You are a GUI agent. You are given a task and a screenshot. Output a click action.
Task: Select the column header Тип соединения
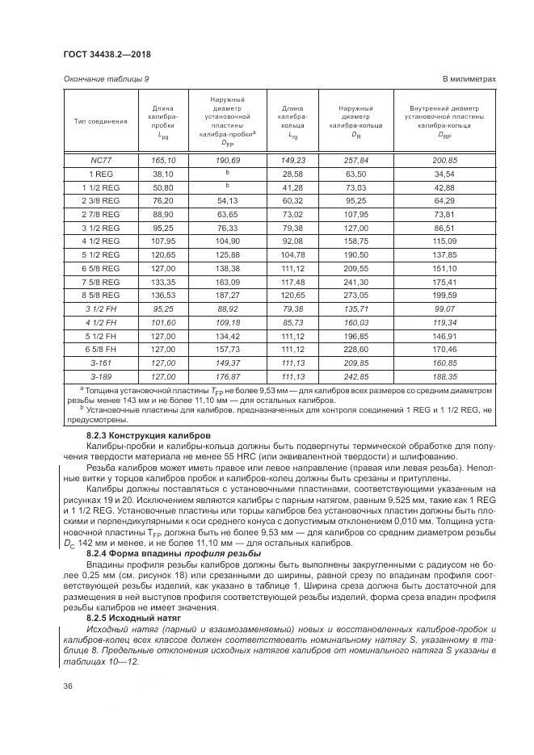tap(100, 122)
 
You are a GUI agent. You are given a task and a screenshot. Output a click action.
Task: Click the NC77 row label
tap(100, 161)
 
